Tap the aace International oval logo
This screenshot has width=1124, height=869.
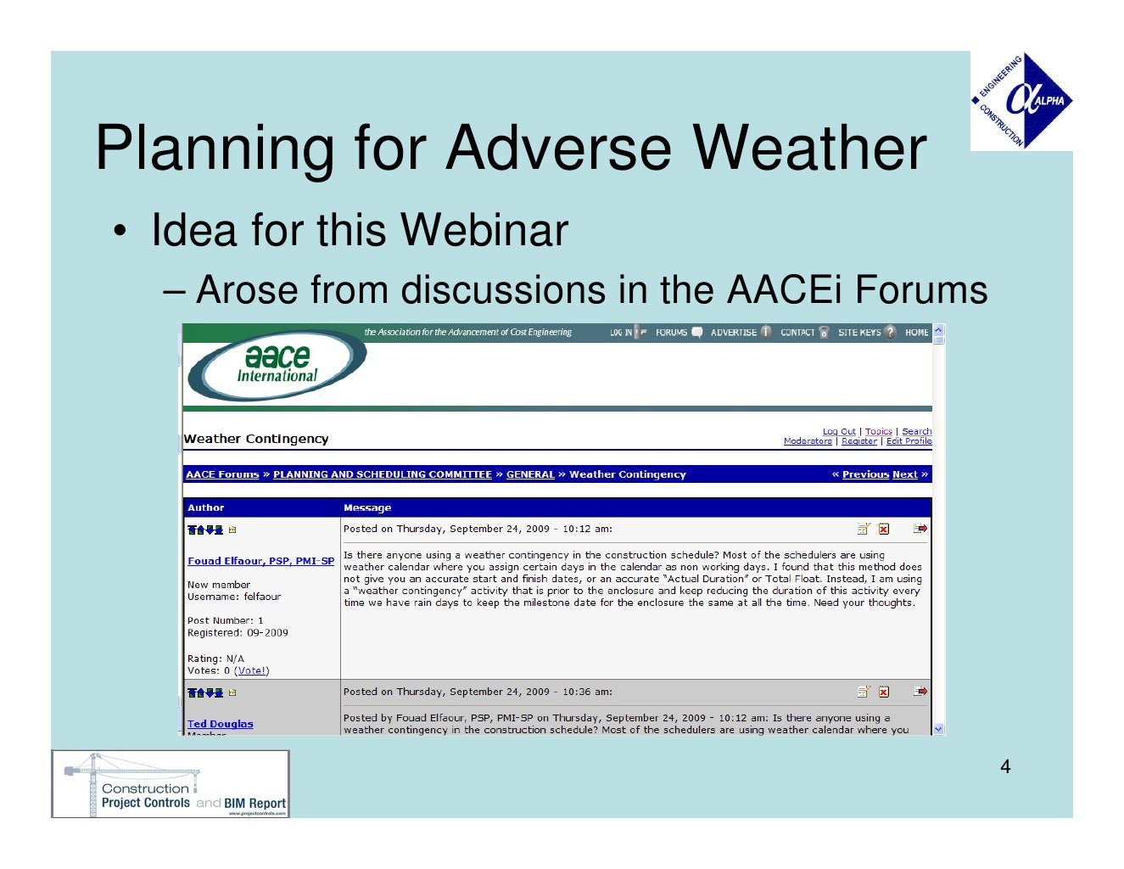point(277,365)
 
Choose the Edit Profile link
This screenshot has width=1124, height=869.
point(909,441)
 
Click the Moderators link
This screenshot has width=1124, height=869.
point(807,441)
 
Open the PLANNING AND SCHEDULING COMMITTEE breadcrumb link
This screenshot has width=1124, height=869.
point(382,474)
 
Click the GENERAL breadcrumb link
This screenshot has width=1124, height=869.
point(530,474)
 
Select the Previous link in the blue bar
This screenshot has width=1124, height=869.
point(865,474)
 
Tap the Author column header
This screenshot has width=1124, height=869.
point(205,507)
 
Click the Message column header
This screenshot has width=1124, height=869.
point(366,507)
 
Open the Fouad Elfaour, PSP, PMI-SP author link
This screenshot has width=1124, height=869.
point(260,561)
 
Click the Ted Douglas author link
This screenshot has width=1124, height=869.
point(220,724)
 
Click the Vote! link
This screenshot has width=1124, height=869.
point(252,670)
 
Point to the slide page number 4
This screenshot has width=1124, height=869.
point(1005,767)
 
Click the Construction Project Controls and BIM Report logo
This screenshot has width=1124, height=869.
point(171,784)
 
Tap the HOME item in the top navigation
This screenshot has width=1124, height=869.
point(916,333)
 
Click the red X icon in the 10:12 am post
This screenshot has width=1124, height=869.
point(884,529)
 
